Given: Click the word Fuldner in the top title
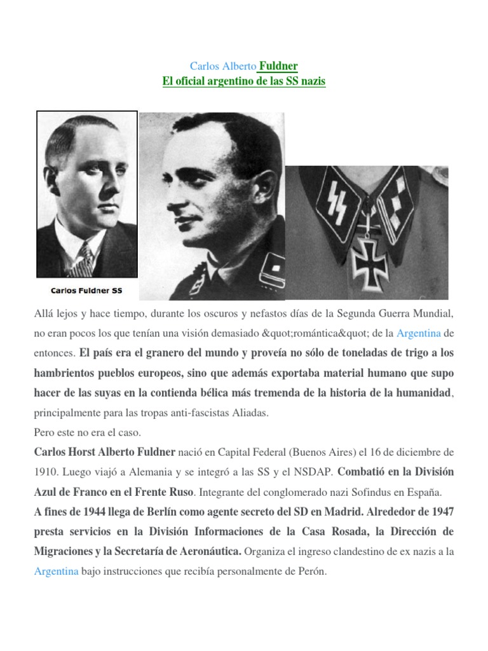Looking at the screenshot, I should pos(278,66).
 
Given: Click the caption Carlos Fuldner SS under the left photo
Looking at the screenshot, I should pos(86,291).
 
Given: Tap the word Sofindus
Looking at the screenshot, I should pos(371,492).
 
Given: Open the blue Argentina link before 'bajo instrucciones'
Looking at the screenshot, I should pos(56,572).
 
